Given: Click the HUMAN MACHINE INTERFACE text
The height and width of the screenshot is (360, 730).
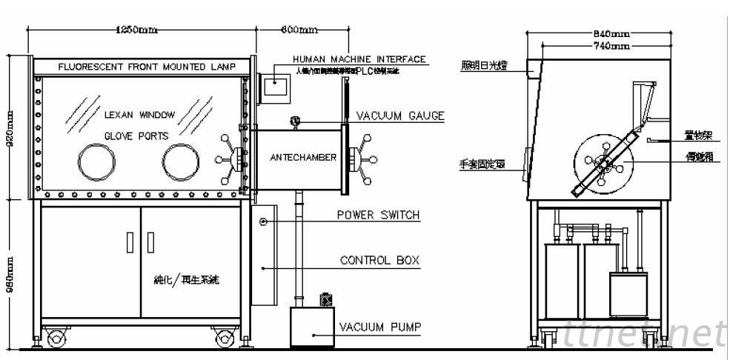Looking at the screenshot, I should coord(359,59).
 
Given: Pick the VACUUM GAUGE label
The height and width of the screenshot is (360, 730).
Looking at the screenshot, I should coord(400,116).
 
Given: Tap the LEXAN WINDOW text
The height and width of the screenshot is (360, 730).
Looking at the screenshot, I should coord(139,115).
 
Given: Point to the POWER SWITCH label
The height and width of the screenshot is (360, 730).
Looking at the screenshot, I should coord(378,216).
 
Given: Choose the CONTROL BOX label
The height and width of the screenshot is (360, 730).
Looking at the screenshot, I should coord(379,261).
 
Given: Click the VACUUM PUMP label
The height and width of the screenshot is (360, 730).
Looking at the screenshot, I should coord(380,327).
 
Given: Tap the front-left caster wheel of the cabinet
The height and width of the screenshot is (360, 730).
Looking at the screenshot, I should coord(56,339).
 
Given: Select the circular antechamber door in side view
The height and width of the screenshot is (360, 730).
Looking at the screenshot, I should coord(605,164).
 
